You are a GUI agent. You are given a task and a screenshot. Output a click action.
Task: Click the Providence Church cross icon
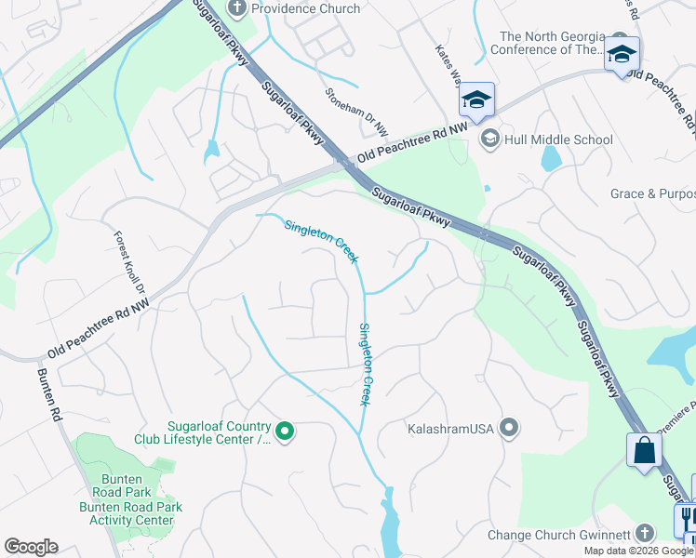[x=236, y=8]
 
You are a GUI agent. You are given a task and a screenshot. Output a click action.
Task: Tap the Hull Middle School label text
[x=558, y=139]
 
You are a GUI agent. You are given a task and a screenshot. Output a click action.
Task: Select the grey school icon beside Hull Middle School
[x=489, y=139]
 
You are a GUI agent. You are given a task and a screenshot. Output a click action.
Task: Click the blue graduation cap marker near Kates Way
[x=475, y=100]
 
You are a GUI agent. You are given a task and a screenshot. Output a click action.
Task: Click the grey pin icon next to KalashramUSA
[x=509, y=429]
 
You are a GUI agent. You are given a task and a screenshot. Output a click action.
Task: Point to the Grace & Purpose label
[x=651, y=193]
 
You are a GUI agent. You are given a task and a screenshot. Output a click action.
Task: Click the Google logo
[x=31, y=547]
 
